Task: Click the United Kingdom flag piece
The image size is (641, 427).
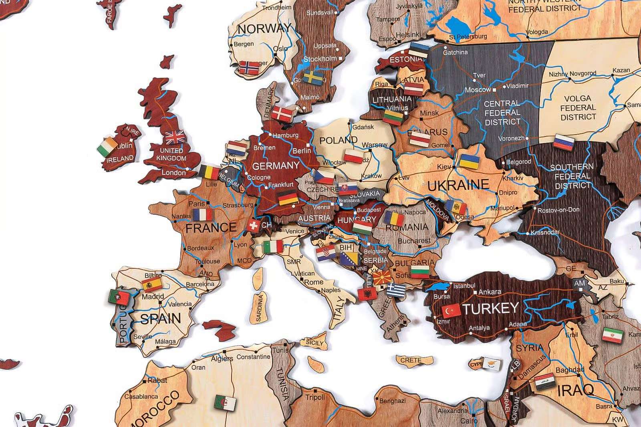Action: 175,137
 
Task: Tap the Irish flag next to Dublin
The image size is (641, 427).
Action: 107,147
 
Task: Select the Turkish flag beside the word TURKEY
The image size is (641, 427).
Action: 451,311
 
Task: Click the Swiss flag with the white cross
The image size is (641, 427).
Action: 254,225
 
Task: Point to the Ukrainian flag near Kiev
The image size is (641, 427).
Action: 470,161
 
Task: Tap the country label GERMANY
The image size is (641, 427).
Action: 276,165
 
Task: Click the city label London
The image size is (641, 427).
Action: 173,173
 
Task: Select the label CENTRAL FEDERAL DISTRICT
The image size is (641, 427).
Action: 502,113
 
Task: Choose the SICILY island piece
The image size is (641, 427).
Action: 314,343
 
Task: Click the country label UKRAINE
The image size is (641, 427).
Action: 458,185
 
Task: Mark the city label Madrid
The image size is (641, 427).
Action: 153,297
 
